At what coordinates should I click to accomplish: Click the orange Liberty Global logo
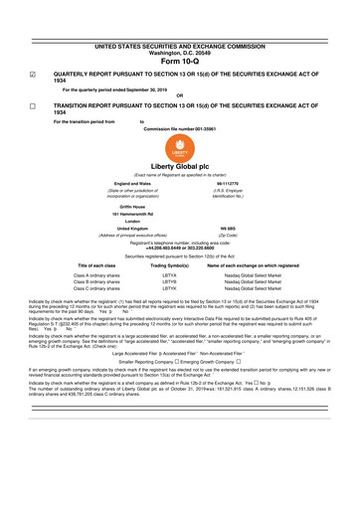pos(179,147)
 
